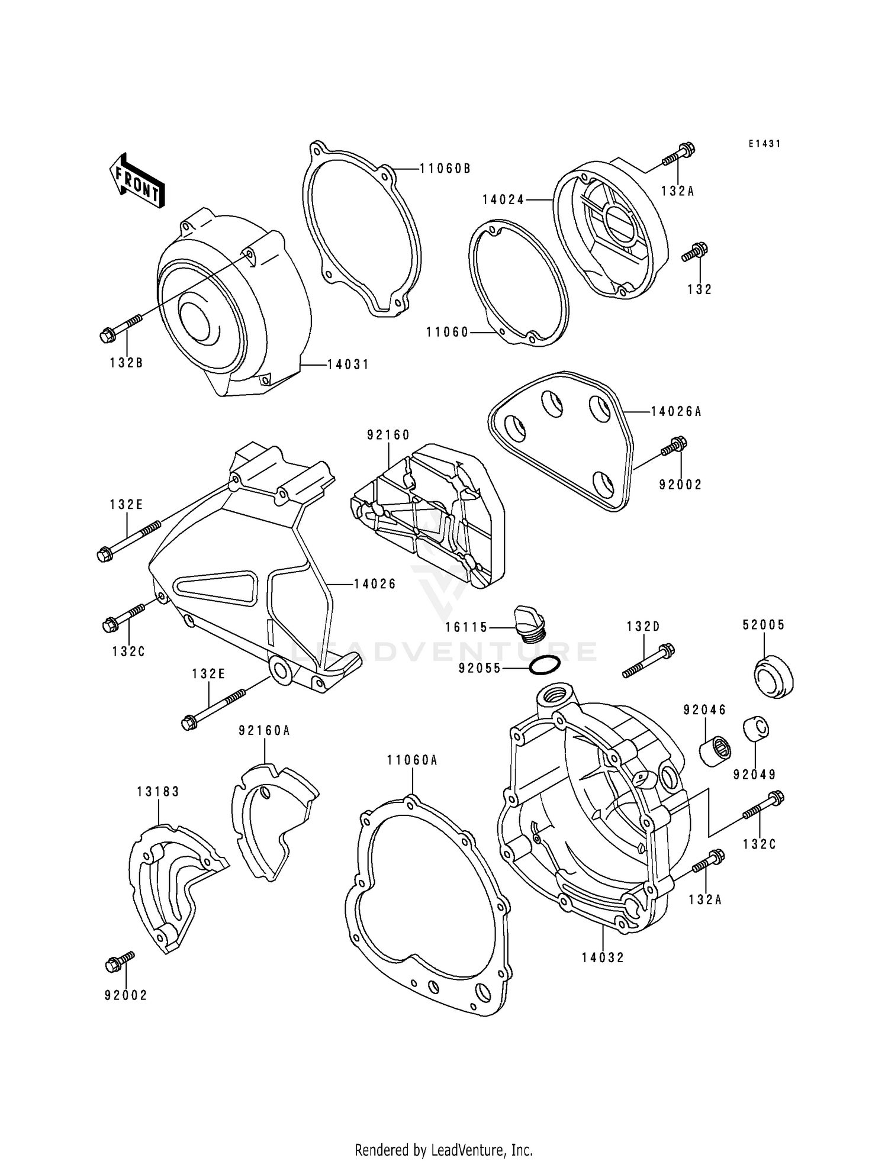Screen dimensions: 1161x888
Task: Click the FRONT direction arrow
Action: point(136,182)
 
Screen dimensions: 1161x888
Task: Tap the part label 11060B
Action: point(445,169)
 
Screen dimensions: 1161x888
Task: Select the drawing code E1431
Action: point(764,144)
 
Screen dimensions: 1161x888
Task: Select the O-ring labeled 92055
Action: point(544,667)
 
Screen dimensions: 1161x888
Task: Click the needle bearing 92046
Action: point(715,749)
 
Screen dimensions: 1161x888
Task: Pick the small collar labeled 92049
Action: point(756,729)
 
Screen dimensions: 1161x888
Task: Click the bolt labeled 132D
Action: point(648,661)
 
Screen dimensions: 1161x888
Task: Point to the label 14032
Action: point(603,957)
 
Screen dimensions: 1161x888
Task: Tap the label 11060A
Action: point(412,760)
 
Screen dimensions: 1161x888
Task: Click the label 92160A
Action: point(264,731)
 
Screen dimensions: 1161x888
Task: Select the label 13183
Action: point(158,791)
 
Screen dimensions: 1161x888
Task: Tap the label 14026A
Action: point(675,411)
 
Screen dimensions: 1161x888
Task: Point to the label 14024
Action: point(503,200)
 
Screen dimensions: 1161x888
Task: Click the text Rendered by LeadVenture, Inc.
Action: point(443,1150)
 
